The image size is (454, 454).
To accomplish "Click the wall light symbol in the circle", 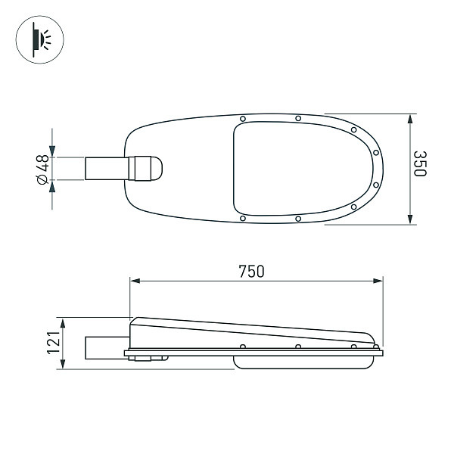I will (x=37, y=37).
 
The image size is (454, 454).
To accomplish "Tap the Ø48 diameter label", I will (x=42, y=168).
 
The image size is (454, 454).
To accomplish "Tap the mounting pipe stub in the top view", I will (x=106, y=169).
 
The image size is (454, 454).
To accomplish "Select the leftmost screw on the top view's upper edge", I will (x=242, y=119).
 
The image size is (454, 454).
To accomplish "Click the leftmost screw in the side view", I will (x=242, y=347).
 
